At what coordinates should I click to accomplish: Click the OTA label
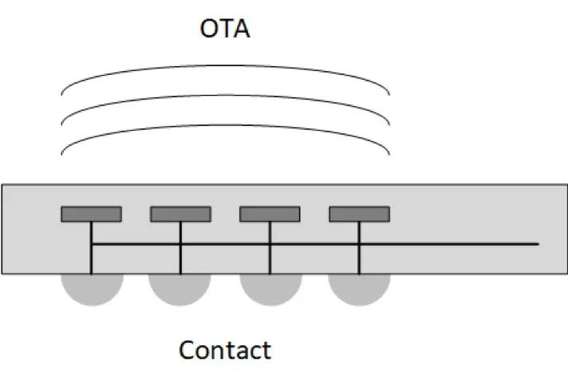225,29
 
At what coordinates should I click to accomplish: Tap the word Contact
225,350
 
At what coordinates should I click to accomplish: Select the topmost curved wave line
225,65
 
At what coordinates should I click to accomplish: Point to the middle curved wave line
225,95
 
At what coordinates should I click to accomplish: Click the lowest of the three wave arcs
225,125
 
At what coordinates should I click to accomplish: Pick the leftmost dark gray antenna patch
91,214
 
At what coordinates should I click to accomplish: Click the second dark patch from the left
180,214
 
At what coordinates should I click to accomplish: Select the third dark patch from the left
270,214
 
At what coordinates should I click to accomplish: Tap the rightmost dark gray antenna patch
359,214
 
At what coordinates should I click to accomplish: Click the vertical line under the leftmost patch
91,248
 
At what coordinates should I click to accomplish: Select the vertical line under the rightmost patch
359,248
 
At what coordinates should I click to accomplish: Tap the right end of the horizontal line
538,244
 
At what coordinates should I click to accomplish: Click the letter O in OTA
208,29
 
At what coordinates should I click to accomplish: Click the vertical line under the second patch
180,248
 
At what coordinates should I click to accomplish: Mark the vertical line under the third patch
270,248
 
